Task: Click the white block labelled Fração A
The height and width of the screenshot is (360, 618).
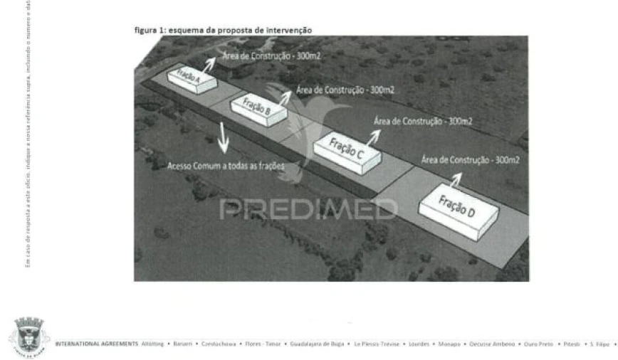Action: click(192, 78)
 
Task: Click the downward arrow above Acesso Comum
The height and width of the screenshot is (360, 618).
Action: click(224, 138)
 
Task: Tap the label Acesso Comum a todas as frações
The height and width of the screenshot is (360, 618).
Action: click(226, 165)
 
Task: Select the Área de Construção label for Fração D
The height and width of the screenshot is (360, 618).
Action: click(471, 159)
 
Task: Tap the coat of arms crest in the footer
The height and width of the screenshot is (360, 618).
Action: click(27, 332)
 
